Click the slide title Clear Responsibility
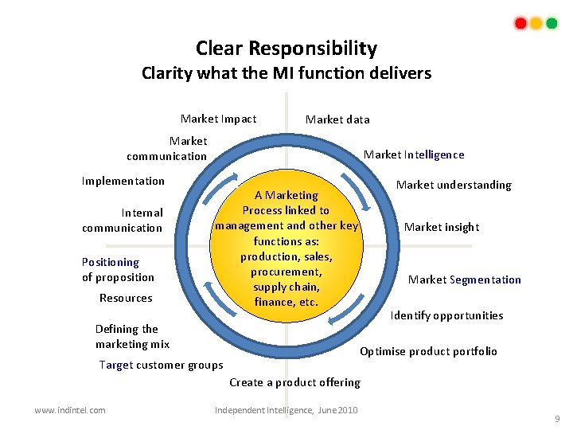[286, 49]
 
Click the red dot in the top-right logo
[520, 23]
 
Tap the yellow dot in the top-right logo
[536, 23]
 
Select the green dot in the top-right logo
[552, 23]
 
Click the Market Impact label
[218, 119]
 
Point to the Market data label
[337, 119]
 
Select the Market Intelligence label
[414, 154]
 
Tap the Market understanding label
[454, 185]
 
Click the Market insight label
[442, 227]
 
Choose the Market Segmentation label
[465, 279]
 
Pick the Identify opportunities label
[446, 315]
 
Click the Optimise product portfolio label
[428, 351]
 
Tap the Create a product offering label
[294, 382]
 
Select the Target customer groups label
[161, 365]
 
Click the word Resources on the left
[126, 298]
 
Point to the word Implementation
[123, 181]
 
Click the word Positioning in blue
[110, 262]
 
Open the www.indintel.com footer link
[70, 410]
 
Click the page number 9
[557, 419]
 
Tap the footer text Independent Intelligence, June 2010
[286, 410]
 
